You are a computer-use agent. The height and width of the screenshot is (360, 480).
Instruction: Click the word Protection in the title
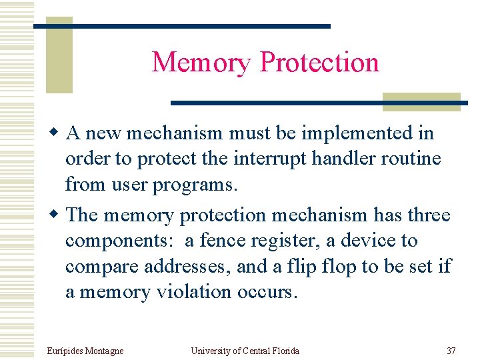tap(319, 63)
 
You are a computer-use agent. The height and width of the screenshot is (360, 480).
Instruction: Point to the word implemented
tap(357, 133)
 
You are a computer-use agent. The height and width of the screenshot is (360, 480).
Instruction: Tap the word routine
tap(418, 159)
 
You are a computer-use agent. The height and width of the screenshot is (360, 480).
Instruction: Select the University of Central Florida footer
tap(245, 351)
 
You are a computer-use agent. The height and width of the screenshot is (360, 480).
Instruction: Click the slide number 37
tap(451, 351)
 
